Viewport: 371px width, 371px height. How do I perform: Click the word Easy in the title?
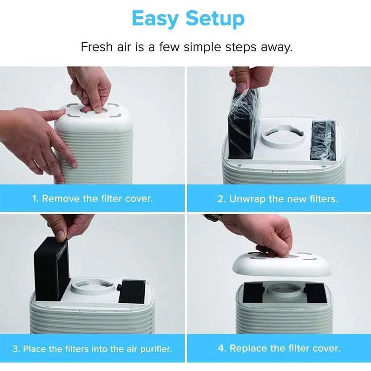point(155,18)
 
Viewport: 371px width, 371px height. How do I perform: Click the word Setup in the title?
point(215,18)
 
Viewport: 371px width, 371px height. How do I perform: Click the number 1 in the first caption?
point(35,198)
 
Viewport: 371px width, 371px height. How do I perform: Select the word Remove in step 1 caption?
point(61,198)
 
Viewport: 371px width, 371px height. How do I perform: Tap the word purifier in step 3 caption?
point(155,349)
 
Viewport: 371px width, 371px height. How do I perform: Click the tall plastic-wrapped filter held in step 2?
point(243,123)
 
